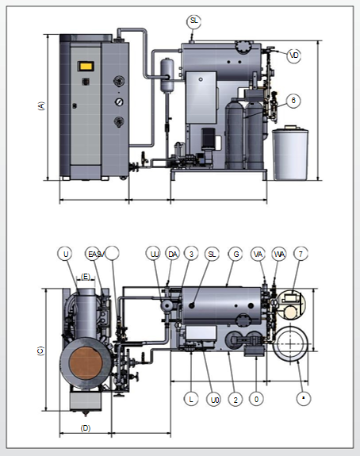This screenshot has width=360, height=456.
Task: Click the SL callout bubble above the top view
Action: [x=195, y=20]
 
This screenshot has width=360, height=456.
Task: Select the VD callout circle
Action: [x=294, y=56]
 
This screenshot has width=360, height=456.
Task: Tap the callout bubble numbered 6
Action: [x=294, y=101]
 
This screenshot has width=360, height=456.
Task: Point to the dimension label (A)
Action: [x=41, y=107]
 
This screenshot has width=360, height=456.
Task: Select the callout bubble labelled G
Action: [x=235, y=254]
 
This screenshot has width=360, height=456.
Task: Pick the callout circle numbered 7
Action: [x=300, y=254]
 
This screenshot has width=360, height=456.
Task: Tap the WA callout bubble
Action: [x=279, y=254]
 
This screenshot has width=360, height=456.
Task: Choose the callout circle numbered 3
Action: [x=191, y=254]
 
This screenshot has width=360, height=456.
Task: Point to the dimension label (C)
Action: [x=40, y=350]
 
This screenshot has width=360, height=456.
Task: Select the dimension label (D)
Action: [x=86, y=428]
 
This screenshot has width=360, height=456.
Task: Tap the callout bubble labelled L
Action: [x=190, y=399]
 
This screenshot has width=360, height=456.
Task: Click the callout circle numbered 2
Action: [x=235, y=399]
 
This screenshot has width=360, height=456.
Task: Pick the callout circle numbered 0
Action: [x=256, y=399]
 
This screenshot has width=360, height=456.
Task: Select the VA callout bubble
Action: [x=258, y=254]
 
